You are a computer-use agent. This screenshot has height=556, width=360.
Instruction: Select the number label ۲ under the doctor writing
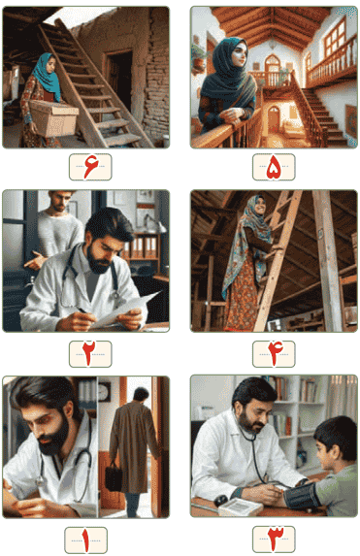click(89, 353)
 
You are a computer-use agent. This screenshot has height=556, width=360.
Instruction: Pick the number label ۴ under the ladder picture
click(273, 353)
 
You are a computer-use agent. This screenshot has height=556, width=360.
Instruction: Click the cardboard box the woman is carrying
click(53, 118)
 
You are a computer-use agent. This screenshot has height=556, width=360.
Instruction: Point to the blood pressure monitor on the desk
click(242, 506)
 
